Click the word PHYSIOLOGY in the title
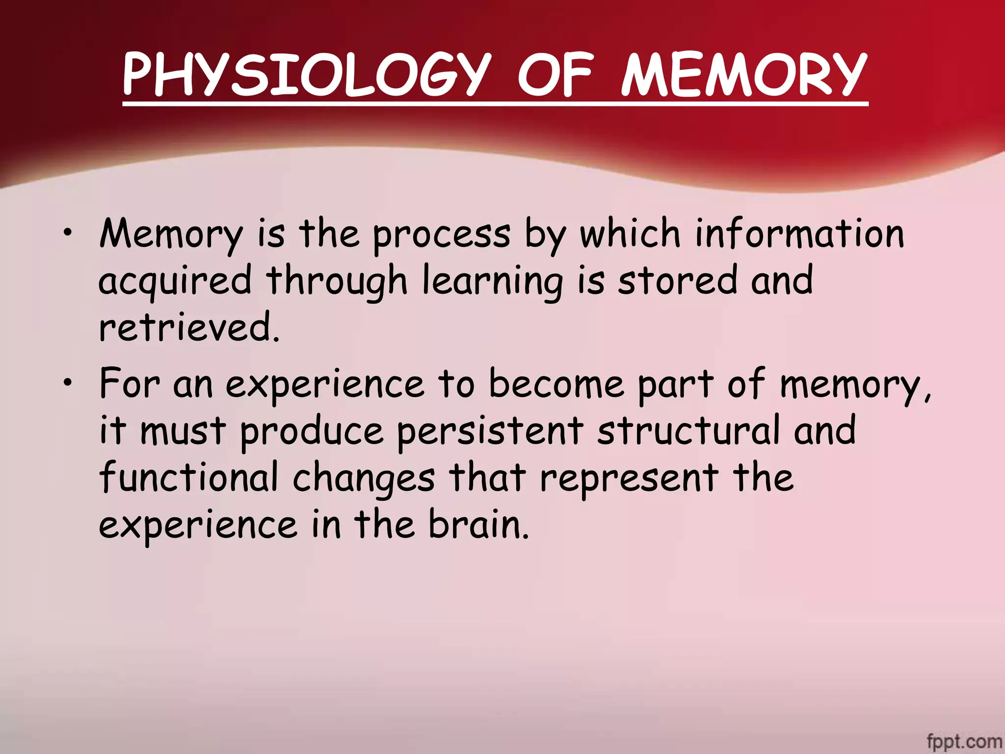click(x=307, y=75)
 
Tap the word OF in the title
click(x=555, y=75)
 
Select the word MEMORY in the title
click(x=744, y=75)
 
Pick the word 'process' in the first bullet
click(x=442, y=235)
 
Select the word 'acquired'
click(x=175, y=281)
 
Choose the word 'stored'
click(x=677, y=280)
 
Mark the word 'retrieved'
click(x=189, y=327)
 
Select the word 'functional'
click(x=189, y=477)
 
